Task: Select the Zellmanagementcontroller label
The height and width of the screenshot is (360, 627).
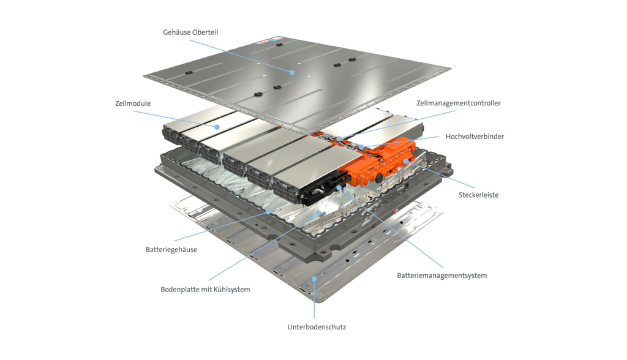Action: pos(458,103)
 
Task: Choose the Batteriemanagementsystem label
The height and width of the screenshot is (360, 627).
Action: pos(441,276)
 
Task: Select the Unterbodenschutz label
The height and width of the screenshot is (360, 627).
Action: pos(317,327)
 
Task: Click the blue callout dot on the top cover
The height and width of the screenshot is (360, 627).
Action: pos(293,72)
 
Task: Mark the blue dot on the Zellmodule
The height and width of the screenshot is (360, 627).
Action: pos(216,127)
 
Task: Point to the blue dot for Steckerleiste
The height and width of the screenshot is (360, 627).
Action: pos(406,161)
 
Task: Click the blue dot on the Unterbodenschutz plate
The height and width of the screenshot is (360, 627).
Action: pos(314,279)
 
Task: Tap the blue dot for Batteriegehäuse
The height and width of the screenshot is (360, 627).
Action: pos(268,211)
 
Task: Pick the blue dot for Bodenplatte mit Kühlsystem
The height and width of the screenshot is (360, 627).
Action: pos(317,214)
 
